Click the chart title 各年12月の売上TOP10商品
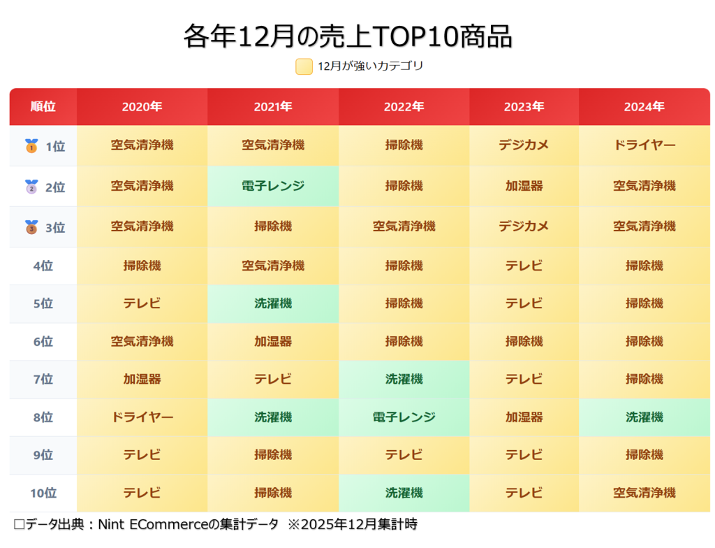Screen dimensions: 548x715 [348, 36]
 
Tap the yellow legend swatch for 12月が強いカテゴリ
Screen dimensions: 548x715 [304, 66]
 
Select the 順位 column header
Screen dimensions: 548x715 [43, 107]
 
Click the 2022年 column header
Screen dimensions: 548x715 [404, 107]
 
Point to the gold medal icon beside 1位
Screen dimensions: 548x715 [31, 146]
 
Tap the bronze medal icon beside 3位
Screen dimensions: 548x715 [31, 227]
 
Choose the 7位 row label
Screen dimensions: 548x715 [43, 380]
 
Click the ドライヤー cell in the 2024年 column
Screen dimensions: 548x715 [644, 145]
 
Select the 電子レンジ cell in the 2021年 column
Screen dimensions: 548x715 [273, 186]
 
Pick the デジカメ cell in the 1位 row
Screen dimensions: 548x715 [524, 145]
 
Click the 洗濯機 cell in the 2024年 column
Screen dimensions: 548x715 [644, 417]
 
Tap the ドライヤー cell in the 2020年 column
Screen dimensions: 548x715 [142, 417]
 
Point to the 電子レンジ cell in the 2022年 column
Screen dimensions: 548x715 [404, 417]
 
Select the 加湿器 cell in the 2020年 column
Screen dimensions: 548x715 [142, 380]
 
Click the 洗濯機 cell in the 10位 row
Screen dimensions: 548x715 [404, 493]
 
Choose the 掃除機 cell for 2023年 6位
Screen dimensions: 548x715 [524, 342]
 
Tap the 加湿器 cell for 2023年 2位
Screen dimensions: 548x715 [524, 186]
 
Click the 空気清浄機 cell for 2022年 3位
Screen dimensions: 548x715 [404, 226]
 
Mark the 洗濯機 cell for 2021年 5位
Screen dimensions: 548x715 [273, 304]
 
